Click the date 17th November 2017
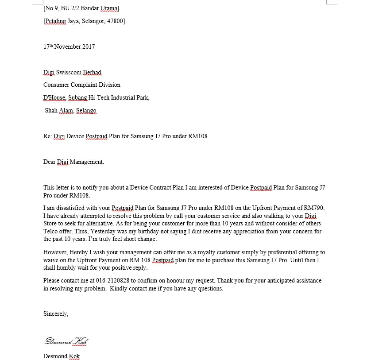coord(69,46)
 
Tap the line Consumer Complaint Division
coord(81,85)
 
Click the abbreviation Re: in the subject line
coord(47,136)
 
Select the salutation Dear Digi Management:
coord(73,162)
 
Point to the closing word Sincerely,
coord(56,314)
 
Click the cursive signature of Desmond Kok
coord(66,341)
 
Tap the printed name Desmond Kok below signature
coord(62,356)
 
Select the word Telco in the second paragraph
coord(50,231)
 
